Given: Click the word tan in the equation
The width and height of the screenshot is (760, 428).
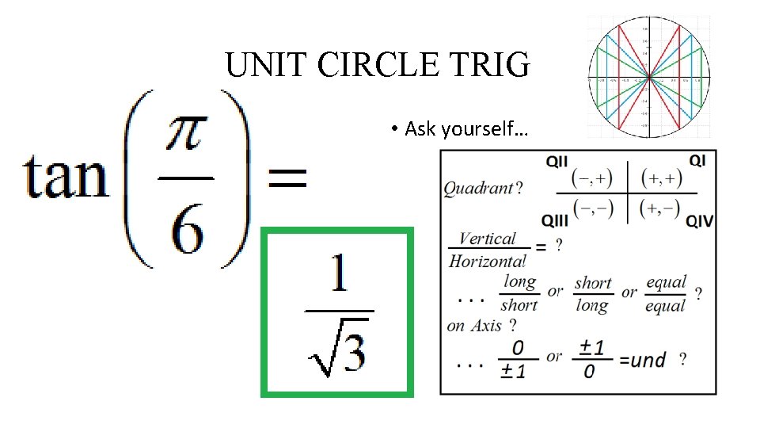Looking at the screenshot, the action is point(65,176).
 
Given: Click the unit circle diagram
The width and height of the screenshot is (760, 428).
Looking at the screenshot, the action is point(648,76).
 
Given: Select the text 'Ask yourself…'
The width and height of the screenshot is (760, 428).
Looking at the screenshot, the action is point(462,128).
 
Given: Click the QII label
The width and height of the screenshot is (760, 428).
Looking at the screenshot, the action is point(557,161).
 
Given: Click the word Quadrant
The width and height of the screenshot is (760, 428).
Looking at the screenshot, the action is point(478,189).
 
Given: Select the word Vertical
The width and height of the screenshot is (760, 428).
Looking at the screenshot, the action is point(487,239).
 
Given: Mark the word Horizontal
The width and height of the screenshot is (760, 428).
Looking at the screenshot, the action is point(486,260).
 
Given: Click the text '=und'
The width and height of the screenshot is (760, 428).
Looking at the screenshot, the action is point(642,361).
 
